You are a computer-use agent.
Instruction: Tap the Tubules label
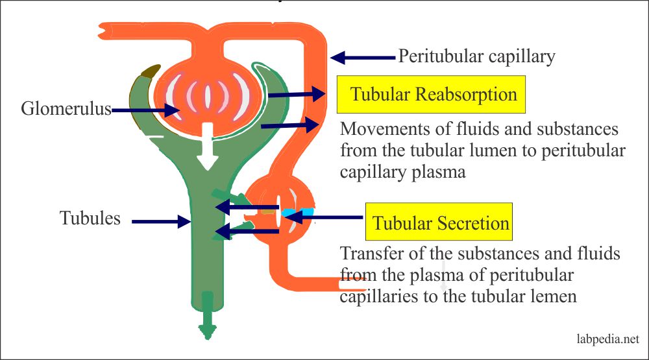(90, 218)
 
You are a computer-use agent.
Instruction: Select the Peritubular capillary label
(476, 56)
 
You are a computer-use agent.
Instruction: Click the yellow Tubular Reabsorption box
(434, 95)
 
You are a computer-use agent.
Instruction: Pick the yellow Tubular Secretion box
(439, 223)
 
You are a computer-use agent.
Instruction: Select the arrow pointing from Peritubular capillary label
(363, 58)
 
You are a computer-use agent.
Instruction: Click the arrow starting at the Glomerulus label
(147, 110)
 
